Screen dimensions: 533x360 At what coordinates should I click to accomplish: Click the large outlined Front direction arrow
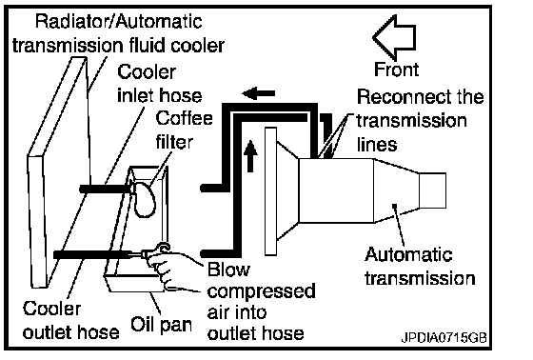395,37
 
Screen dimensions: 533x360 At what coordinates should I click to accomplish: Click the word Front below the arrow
396,70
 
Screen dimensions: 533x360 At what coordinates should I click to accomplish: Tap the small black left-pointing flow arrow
258,93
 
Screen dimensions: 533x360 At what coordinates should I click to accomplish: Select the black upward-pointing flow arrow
250,156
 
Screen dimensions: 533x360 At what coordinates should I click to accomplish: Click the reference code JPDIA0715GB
444,337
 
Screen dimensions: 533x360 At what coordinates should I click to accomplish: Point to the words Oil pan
161,324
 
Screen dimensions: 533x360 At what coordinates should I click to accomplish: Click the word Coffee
184,118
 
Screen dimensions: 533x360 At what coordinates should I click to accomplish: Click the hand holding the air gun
163,269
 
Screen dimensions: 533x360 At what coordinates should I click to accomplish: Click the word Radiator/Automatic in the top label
119,22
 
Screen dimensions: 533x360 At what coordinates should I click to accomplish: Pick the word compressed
262,291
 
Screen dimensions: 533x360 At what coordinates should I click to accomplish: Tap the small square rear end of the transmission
432,190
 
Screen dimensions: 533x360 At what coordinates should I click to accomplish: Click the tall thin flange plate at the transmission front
270,191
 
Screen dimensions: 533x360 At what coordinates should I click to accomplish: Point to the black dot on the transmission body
394,206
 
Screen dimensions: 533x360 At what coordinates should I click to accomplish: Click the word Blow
228,270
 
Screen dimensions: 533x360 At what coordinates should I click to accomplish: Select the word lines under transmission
377,144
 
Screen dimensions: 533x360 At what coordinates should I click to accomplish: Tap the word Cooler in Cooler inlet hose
147,71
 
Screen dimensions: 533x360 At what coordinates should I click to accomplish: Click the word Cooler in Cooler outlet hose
52,309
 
